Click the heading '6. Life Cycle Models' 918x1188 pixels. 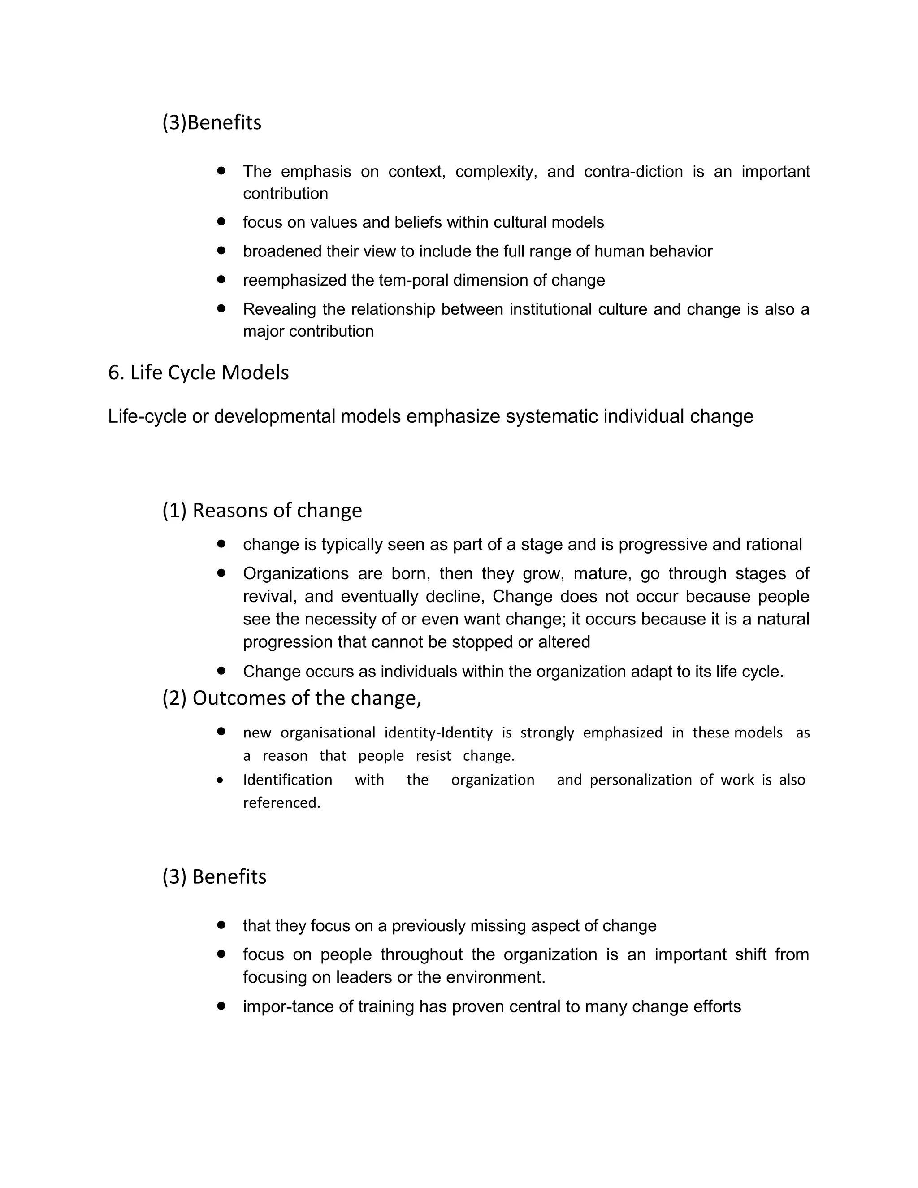pyautogui.click(x=199, y=373)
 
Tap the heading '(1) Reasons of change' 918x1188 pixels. pyautogui.click(x=262, y=511)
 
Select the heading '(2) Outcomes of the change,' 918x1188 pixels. pyautogui.click(x=291, y=698)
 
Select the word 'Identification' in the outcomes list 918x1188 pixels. pyautogui.click(x=287, y=780)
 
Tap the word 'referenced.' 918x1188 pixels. pyautogui.click(x=281, y=803)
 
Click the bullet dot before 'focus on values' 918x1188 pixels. pyautogui.click(x=221, y=222)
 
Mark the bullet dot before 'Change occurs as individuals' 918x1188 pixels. pyautogui.click(x=221, y=671)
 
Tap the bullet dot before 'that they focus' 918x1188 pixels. pyautogui.click(x=221, y=925)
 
